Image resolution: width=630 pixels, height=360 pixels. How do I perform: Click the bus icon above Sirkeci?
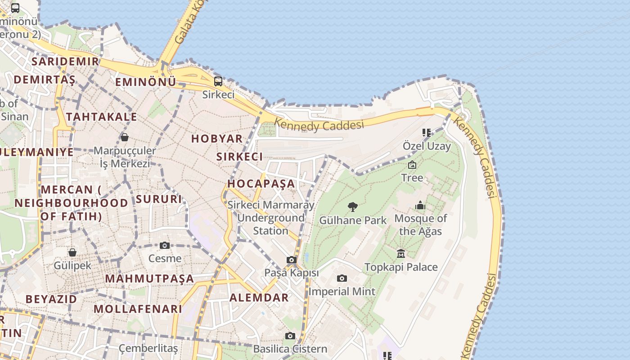click(x=218, y=81)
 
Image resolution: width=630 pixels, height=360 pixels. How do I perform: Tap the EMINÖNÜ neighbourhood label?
click(x=145, y=82)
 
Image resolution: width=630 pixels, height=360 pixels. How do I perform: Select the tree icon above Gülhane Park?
click(x=353, y=207)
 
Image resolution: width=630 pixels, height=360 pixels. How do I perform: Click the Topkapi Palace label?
click(x=401, y=267)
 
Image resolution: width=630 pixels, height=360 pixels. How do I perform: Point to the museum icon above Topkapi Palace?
click(x=401, y=254)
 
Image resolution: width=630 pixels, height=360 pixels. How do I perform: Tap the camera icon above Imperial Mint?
click(x=342, y=278)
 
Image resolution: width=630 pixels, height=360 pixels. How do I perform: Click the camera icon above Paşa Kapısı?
click(x=292, y=260)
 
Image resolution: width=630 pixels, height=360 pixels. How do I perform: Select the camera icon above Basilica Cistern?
click(x=290, y=336)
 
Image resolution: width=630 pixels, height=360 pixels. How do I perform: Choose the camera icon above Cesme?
click(x=165, y=245)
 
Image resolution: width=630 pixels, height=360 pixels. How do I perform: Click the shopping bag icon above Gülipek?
click(x=72, y=252)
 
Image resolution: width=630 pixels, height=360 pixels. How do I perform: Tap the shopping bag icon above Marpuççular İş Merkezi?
click(x=124, y=137)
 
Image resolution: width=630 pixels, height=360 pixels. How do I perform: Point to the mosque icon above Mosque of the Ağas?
click(x=420, y=206)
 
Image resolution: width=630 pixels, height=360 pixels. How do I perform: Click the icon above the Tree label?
click(x=412, y=165)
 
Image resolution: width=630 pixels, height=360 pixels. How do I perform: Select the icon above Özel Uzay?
click(x=426, y=133)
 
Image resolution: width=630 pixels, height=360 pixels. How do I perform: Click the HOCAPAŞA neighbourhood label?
click(x=261, y=184)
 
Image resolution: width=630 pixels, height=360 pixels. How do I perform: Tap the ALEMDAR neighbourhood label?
click(x=259, y=297)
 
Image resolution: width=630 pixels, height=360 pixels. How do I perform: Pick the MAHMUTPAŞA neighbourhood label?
click(x=149, y=279)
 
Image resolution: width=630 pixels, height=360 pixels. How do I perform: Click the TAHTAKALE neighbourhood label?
click(x=102, y=117)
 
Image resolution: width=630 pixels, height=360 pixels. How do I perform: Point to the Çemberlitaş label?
click(x=148, y=348)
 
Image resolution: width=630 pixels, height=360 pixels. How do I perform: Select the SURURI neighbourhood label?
click(x=159, y=199)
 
